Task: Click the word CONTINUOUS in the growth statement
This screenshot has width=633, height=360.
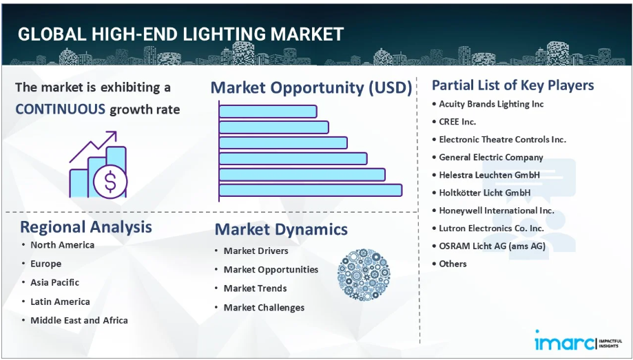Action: point(60,109)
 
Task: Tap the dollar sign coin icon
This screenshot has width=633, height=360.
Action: point(110,181)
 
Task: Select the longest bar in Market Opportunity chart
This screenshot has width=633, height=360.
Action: point(311,190)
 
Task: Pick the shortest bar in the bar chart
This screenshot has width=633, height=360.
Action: point(268,112)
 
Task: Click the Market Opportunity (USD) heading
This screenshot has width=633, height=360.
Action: point(311,87)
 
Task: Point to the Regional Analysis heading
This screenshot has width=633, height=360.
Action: point(86,227)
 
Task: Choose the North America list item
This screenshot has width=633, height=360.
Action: point(63,245)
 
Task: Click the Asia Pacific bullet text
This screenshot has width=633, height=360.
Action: point(55,282)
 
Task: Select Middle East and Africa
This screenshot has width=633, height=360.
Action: point(79,321)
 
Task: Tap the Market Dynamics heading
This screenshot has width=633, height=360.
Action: point(281,229)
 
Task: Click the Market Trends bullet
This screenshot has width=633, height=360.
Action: point(255,288)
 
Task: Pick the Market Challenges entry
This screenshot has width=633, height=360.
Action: point(264,308)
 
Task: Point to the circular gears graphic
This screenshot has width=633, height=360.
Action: point(364,275)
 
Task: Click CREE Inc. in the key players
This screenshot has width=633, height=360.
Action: point(457,122)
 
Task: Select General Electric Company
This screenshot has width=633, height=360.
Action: point(491,158)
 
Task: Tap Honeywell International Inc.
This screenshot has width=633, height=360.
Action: point(497,211)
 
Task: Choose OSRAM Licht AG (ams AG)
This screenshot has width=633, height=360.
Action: point(492,246)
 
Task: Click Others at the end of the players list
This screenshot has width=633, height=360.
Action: point(453,264)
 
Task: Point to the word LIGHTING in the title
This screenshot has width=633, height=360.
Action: point(226,34)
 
